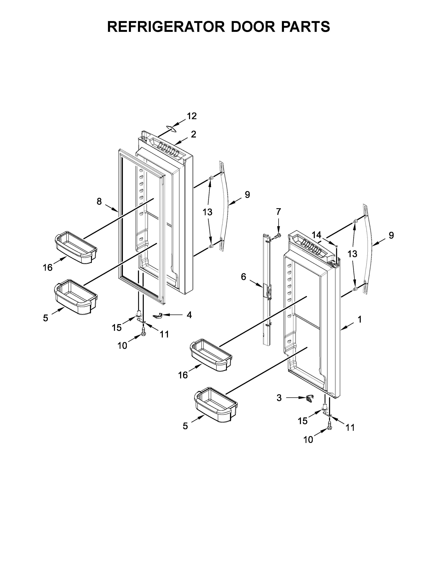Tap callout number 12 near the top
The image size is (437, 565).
click(192, 116)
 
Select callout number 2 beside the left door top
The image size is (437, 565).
click(193, 134)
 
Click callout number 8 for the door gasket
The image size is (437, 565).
click(99, 201)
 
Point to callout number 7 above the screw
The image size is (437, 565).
click(278, 212)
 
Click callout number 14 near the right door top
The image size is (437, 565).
click(316, 235)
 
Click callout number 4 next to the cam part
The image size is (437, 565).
click(189, 315)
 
